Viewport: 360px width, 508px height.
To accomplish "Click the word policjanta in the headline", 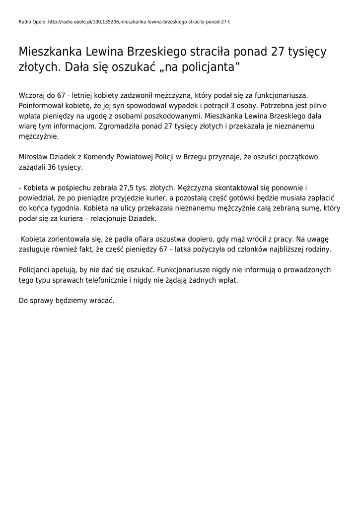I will pyautogui.click(x=209, y=67).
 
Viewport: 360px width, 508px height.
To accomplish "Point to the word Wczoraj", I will pyautogui.click(x=32, y=95).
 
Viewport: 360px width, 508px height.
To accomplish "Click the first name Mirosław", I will pyautogui.click(x=35, y=157).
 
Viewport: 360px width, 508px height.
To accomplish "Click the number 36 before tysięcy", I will pyautogui.click(x=53, y=167).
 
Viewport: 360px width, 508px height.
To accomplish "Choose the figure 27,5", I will pyautogui.click(x=122, y=188).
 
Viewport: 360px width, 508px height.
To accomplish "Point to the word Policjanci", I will pyautogui.click(x=36, y=270).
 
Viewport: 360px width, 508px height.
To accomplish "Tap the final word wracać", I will pyautogui.click(x=101, y=301).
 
